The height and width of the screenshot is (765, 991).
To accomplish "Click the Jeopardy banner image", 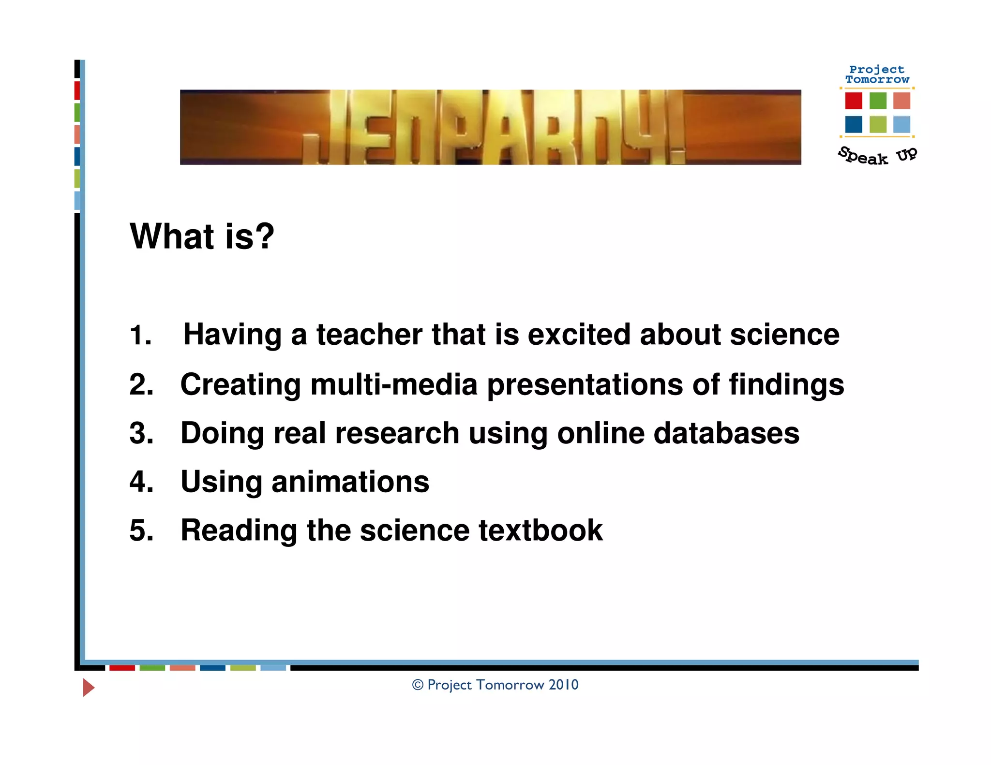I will tap(490, 127).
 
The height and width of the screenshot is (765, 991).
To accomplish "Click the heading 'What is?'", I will tap(202, 236).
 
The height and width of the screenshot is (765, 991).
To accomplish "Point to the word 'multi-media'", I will tap(394, 385).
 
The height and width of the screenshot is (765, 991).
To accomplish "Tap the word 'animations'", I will tap(350, 482).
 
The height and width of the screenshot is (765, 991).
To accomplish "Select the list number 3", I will tap(141, 433).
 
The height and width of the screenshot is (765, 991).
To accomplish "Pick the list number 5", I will tap(141, 530).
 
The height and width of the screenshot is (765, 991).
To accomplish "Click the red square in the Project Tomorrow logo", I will tap(854, 101).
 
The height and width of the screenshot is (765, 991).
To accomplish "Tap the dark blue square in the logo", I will tap(854, 124).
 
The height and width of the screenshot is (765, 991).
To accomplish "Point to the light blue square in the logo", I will tap(901, 124).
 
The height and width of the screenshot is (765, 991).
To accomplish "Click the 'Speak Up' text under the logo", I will tap(877, 156).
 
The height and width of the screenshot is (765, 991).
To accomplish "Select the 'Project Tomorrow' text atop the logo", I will tap(877, 74).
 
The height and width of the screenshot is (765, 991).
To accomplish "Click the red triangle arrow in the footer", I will tap(88, 687).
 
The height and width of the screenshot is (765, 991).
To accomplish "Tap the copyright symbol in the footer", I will tap(418, 685).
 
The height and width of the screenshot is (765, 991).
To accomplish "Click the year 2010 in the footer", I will tap(563, 685).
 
